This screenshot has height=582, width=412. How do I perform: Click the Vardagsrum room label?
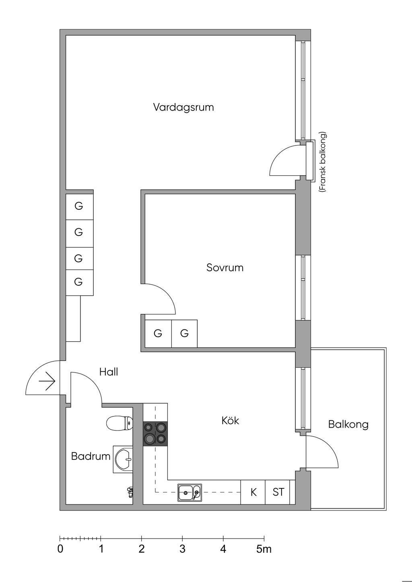point(183,108)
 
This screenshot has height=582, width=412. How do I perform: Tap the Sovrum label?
point(225,268)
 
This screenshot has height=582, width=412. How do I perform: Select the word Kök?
point(230,421)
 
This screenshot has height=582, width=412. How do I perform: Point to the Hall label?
point(109,372)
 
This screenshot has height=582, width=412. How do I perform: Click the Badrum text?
point(91,457)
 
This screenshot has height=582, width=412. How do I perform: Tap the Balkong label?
point(348,424)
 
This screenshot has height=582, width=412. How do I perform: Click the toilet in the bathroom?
point(119,423)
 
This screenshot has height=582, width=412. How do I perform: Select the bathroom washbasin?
point(123,459)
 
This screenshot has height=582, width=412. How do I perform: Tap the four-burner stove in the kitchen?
point(155,434)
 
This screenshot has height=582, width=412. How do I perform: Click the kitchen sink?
point(190,492)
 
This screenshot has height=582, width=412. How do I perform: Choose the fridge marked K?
point(253,492)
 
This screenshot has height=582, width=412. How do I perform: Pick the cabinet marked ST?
point(278,492)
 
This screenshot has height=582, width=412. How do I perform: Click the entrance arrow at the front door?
point(47,381)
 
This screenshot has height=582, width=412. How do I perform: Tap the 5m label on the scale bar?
point(264,549)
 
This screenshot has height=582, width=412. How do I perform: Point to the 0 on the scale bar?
point(60,549)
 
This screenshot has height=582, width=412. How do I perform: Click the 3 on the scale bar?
point(182,549)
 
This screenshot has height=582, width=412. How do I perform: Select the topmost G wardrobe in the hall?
point(79,206)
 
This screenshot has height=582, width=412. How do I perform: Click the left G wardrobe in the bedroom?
point(158,333)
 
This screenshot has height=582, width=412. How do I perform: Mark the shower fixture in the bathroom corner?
point(130,491)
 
